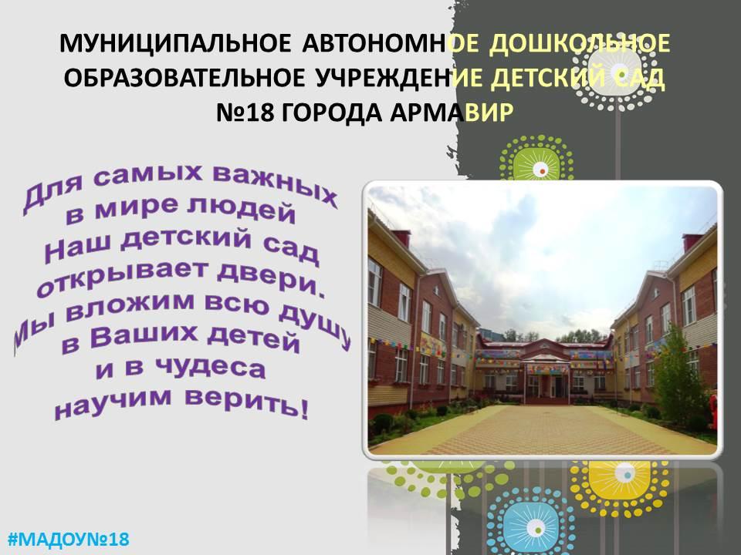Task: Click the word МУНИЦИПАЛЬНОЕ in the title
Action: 175,43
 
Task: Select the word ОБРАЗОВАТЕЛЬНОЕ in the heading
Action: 184,79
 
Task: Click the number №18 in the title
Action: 245,113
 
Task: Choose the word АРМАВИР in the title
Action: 452,113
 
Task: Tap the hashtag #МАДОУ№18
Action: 69,539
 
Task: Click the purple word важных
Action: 275,185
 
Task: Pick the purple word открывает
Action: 123,277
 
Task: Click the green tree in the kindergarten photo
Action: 676,378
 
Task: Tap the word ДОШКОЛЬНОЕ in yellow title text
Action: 580,43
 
